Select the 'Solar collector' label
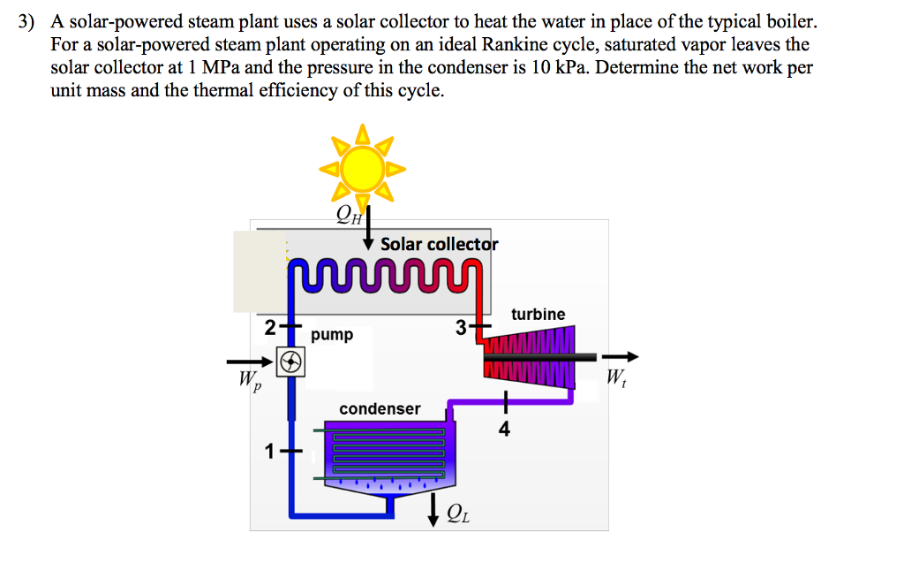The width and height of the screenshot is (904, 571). pyautogui.click(x=439, y=244)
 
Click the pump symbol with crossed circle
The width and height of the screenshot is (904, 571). pyautogui.click(x=290, y=361)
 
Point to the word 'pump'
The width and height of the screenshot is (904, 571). pyautogui.click(x=332, y=334)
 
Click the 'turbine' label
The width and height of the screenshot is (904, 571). pyautogui.click(x=538, y=314)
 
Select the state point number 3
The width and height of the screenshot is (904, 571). pyautogui.click(x=461, y=328)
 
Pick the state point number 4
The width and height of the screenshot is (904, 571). pyautogui.click(x=504, y=430)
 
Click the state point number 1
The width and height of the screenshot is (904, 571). pyautogui.click(x=270, y=453)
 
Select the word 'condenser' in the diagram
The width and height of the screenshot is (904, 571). pyautogui.click(x=380, y=408)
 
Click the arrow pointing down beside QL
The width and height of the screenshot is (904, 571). pyautogui.click(x=433, y=510)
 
